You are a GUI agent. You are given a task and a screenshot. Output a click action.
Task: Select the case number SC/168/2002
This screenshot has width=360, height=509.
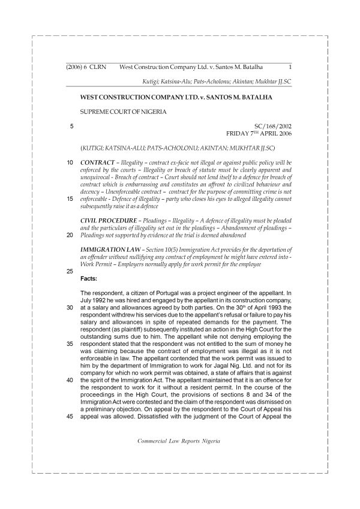[x=273, y=126]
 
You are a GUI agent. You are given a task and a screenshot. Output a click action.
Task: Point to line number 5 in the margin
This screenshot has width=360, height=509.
[x=71, y=126]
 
